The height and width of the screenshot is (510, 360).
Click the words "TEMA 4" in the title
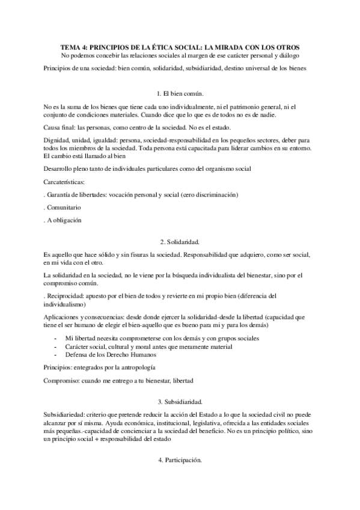tap(75, 46)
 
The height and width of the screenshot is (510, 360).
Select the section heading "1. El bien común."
tap(180, 94)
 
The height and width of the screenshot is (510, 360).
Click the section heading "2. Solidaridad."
tap(180, 241)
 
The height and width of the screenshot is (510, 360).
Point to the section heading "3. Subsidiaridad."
tap(180, 401)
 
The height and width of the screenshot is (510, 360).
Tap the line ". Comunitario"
tap(63, 207)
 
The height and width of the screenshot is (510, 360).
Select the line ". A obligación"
tap(63, 220)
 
